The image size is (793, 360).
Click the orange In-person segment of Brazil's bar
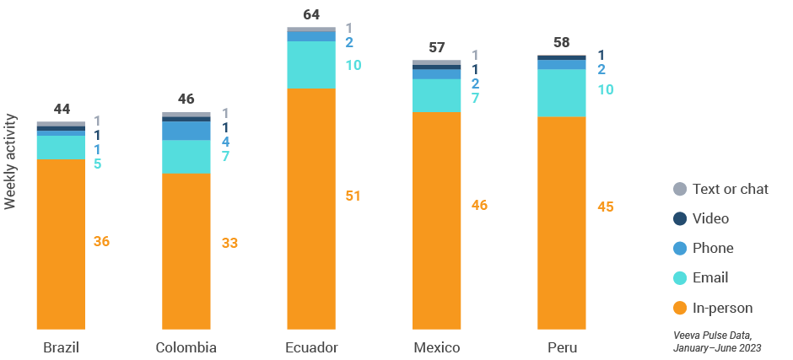click(61, 244)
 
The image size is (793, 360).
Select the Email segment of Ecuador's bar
click(311, 65)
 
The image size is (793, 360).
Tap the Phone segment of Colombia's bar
click(186, 131)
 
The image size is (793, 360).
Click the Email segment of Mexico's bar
click(436, 95)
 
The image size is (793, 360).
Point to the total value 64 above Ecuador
click(311, 14)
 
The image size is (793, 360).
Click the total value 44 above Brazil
click(62, 109)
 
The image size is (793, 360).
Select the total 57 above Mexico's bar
click(437, 47)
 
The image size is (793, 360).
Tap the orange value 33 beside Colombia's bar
click(229, 243)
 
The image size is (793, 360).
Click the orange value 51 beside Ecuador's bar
click(353, 196)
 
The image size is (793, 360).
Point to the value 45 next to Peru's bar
click(605, 207)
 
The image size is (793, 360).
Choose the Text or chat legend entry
click(730, 189)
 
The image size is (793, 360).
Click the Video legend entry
click(709, 218)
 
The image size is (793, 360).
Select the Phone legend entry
click(712, 248)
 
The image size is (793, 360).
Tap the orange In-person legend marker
click(679, 308)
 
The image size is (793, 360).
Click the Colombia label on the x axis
click(186, 347)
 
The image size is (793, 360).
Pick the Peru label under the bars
click(562, 347)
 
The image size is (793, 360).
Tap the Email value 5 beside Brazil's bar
click(98, 164)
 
